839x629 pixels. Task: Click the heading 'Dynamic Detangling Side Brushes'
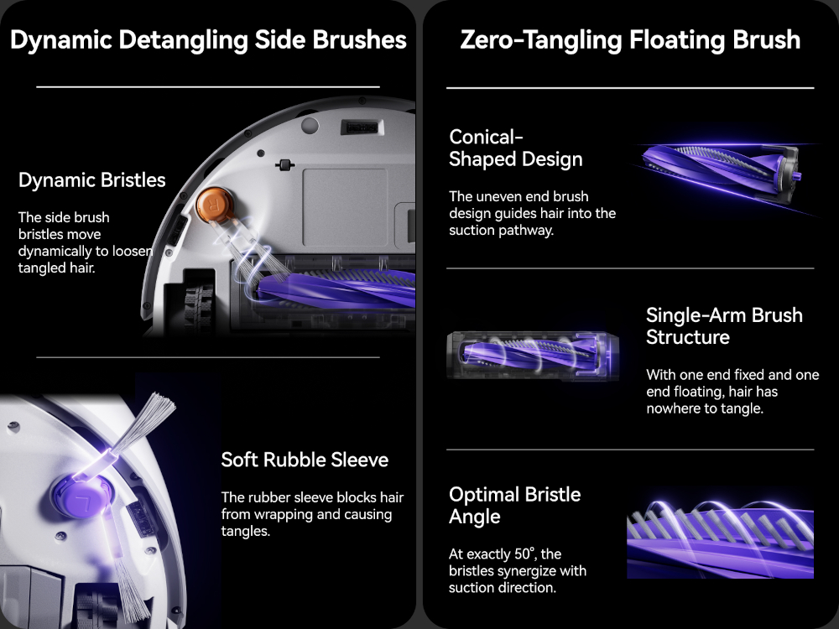point(208,40)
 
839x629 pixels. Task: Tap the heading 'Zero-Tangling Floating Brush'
point(630,40)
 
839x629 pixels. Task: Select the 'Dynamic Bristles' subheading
point(92,180)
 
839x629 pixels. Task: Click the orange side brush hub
point(215,205)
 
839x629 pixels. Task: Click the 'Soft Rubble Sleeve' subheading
point(305,460)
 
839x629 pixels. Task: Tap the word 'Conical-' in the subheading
point(486,137)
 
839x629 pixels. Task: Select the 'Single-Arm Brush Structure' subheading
point(725,325)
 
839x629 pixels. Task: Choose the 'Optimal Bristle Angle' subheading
point(515,506)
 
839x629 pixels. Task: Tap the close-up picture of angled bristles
point(720,538)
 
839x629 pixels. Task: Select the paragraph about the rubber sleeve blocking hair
point(312,514)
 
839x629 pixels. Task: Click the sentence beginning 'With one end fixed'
point(732,392)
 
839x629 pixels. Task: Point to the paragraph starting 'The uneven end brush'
point(533,213)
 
